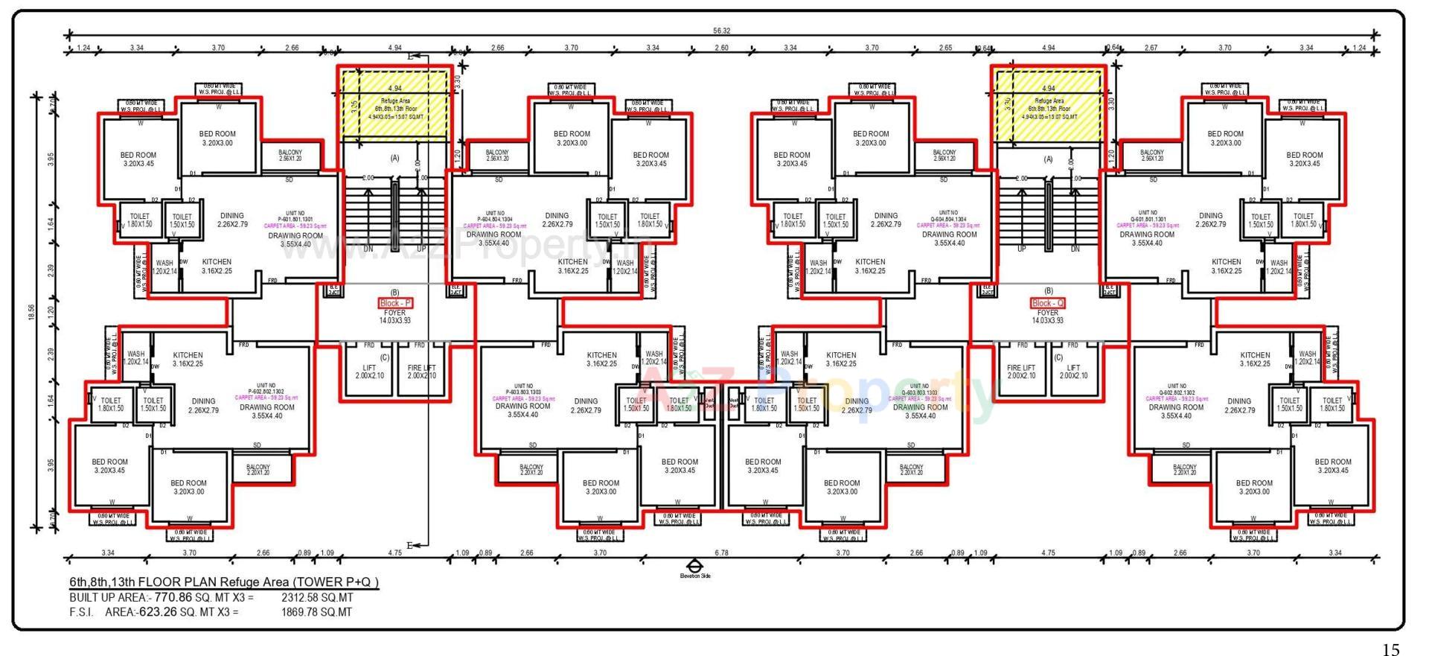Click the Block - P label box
coord(394,303)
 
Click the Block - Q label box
coord(1048,303)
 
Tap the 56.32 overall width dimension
coord(721,31)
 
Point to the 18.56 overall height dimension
coord(32,313)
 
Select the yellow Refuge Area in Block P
coord(395,105)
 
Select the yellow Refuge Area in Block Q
coord(1049,105)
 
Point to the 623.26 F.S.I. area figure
coord(158,612)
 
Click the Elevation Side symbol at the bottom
coord(694,567)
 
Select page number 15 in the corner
coord(1390,649)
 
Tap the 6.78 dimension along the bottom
coord(721,553)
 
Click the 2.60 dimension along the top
coord(721,48)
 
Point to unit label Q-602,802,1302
coord(1177,389)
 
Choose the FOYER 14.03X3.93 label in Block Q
coord(1048,316)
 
